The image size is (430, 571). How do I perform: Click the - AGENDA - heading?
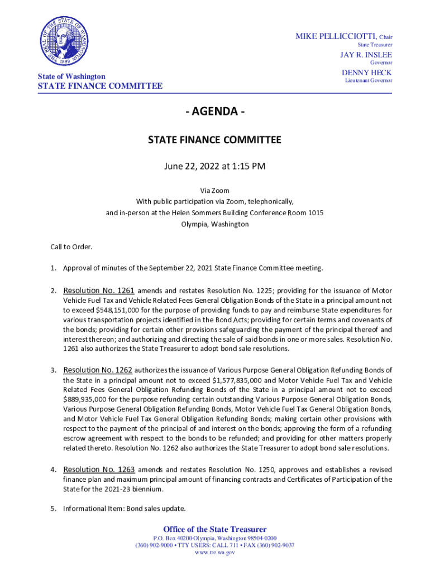coord(214,112)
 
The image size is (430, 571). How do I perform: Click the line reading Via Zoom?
coord(214,191)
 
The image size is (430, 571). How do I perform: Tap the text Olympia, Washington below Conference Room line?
coord(214,224)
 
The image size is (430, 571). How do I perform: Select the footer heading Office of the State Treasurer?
coord(214,529)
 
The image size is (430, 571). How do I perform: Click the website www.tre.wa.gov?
coord(214,553)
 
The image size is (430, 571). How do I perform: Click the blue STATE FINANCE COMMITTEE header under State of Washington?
coord(100,86)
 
